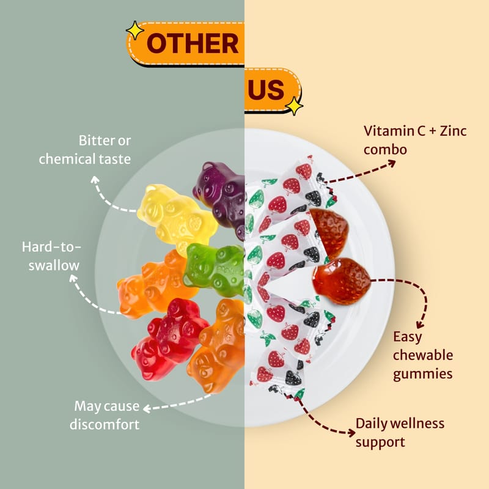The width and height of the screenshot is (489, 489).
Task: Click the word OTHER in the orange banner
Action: point(193,43)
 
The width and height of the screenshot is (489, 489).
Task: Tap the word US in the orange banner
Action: point(266,89)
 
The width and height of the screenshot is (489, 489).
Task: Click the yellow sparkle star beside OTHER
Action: point(135,30)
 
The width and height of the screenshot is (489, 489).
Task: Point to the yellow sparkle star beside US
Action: point(294,106)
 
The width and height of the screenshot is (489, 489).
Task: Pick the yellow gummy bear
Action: point(177,218)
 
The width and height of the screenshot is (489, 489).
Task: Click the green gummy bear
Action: point(215,269)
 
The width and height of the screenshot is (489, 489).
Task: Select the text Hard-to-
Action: point(51,247)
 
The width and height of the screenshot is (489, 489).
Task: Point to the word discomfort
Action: point(105,425)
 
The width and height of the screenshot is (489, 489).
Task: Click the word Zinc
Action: point(453,131)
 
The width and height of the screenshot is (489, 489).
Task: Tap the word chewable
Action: point(423,355)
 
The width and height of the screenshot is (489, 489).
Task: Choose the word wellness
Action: point(417,424)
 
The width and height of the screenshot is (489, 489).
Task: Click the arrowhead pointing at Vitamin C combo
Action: point(392,163)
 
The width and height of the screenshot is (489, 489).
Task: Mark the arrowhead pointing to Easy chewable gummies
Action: point(420,325)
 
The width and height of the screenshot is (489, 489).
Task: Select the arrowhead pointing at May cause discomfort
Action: point(147,408)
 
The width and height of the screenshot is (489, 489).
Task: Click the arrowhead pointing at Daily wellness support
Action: point(352,433)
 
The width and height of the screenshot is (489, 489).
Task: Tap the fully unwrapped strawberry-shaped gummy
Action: point(342,281)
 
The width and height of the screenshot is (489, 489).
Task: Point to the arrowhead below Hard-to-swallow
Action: point(73,278)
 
